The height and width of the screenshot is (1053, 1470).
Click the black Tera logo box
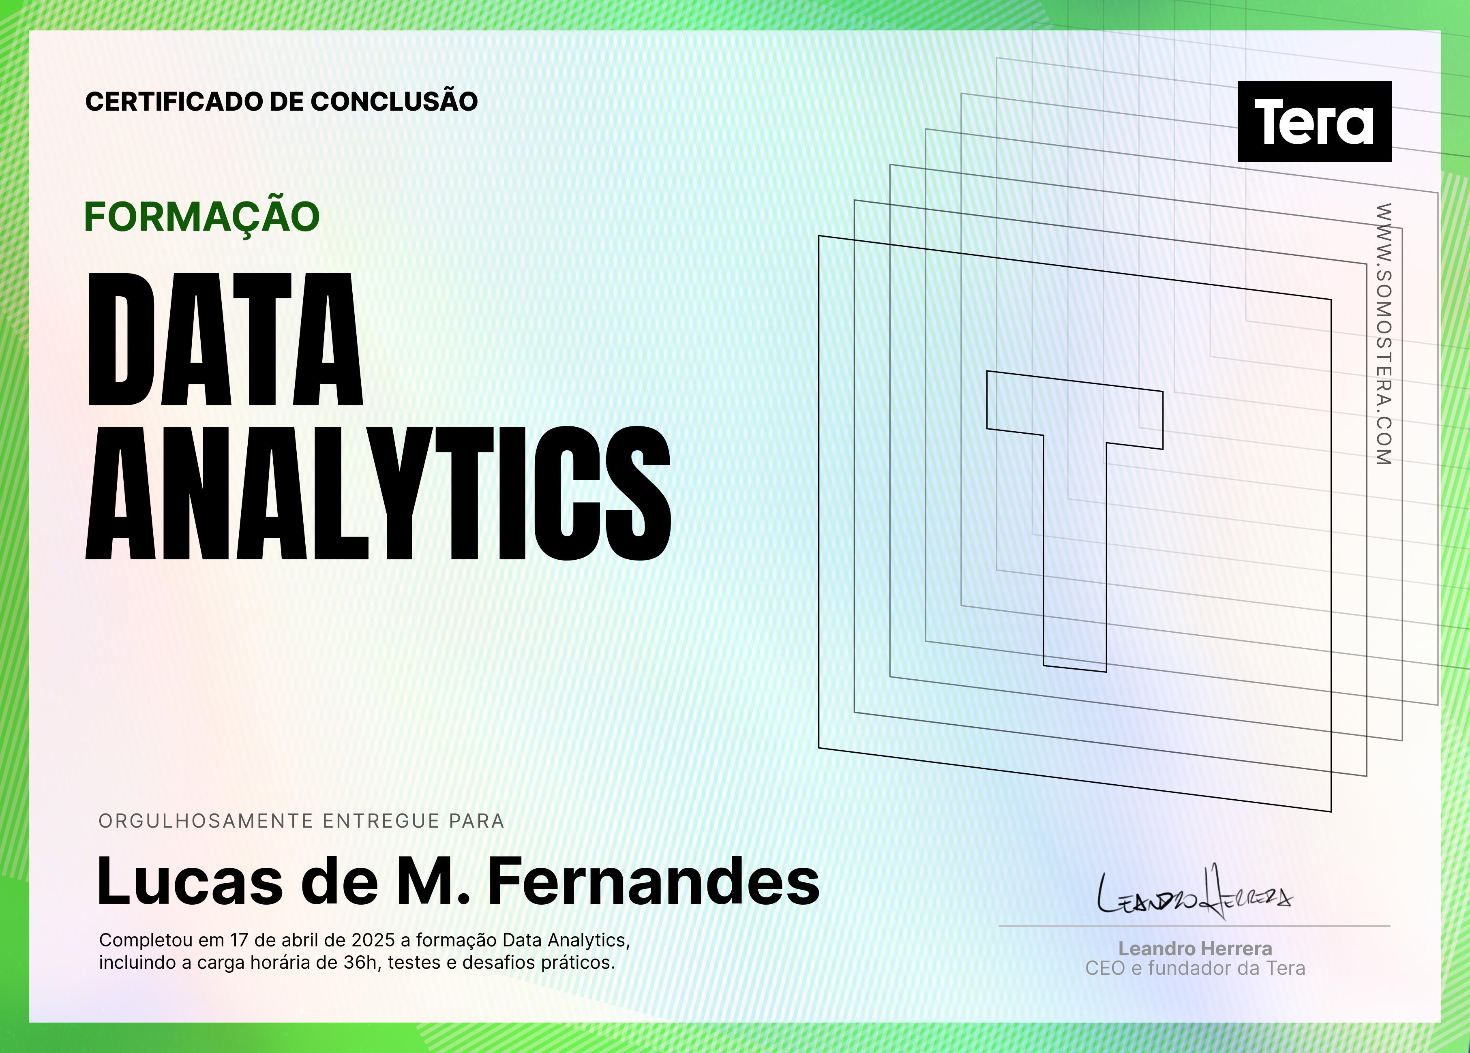(x=1314, y=121)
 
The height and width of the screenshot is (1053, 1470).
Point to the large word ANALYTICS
(x=379, y=493)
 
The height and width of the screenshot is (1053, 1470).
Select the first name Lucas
(x=190, y=881)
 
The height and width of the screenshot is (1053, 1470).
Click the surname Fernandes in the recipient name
(x=654, y=881)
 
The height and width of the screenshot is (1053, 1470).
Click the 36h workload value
(x=360, y=962)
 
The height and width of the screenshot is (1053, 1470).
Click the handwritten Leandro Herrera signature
(x=1194, y=893)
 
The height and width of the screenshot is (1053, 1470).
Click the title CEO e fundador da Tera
(x=1195, y=968)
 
